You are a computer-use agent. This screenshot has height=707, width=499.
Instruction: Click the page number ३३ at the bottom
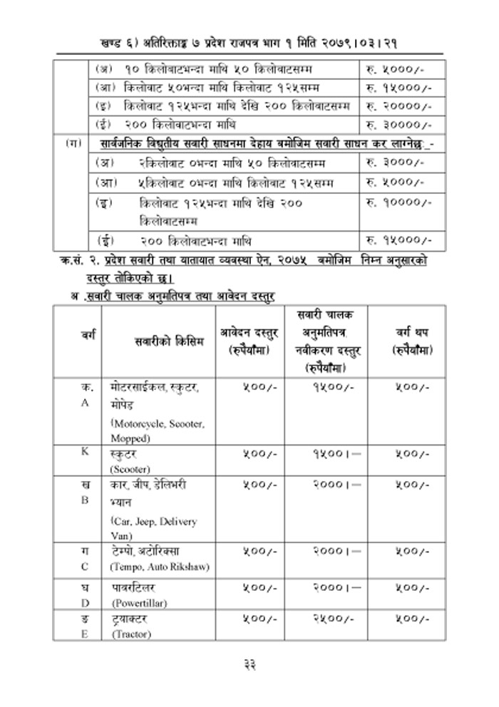(249, 664)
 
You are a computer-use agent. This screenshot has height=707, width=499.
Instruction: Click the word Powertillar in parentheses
(139, 603)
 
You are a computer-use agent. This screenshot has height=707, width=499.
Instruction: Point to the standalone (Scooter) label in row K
(129, 470)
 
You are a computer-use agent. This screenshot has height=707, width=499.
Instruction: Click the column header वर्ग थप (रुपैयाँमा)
(412, 341)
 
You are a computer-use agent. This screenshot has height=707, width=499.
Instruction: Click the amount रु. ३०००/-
(394, 163)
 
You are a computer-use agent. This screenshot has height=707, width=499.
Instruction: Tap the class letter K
(85, 454)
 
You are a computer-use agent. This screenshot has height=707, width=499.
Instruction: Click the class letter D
(85, 603)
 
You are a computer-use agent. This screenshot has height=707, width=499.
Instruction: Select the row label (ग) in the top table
(73, 144)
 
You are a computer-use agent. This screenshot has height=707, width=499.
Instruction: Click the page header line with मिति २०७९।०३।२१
(249, 43)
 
